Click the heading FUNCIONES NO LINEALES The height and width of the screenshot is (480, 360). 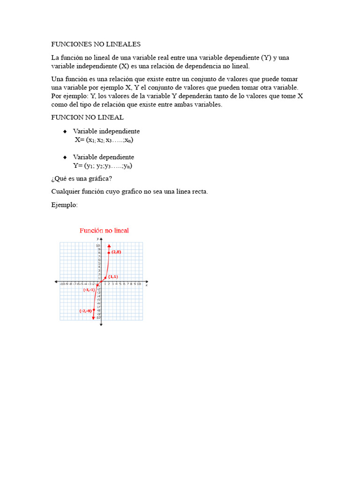[x=96, y=44]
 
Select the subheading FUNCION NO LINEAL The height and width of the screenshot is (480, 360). [x=87, y=117]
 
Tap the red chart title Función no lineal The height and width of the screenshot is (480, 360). [x=104, y=231]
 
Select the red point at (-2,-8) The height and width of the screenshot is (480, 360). [x=94, y=310]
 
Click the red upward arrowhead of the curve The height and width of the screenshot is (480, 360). [x=109, y=246]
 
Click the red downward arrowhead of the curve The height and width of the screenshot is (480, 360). [x=93, y=318]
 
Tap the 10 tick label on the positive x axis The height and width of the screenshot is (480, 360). [x=139, y=284]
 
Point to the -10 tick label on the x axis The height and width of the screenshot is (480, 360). [x=62, y=284]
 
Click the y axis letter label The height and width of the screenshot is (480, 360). [x=97, y=240]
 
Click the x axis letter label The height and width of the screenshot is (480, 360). [x=147, y=285]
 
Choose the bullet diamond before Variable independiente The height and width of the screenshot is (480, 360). [x=65, y=131]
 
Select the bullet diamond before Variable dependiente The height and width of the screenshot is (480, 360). [x=65, y=157]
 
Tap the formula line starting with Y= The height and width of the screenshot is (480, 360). [x=102, y=166]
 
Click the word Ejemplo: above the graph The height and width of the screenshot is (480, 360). [x=64, y=205]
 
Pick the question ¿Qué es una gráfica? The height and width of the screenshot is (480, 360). [x=82, y=179]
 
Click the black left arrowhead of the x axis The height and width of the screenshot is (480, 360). [x=56, y=282]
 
